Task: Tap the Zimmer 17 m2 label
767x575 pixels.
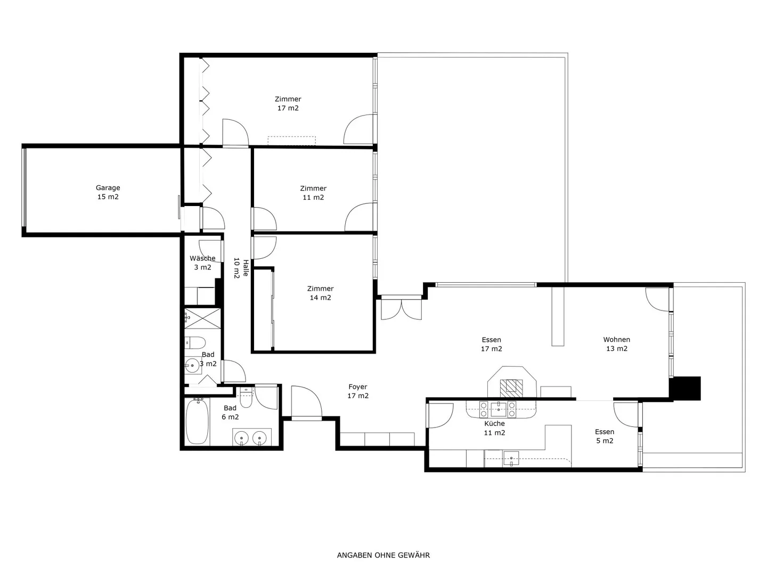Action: pyautogui.click(x=288, y=103)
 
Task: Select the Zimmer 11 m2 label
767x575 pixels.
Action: pyautogui.click(x=313, y=193)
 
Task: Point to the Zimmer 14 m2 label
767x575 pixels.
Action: pyautogui.click(x=320, y=293)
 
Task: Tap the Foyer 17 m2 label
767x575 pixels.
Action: pyautogui.click(x=358, y=391)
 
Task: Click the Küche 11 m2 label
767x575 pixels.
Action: pyautogui.click(x=494, y=428)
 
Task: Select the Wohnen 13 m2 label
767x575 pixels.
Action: pyautogui.click(x=617, y=344)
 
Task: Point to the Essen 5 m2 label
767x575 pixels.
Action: pyautogui.click(x=605, y=436)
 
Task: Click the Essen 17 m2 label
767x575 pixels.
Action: pyautogui.click(x=491, y=344)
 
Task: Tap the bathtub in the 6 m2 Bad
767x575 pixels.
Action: pyautogui.click(x=197, y=421)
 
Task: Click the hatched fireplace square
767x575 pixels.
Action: pyautogui.click(x=511, y=388)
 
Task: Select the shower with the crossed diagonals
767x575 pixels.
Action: pyautogui.click(x=203, y=318)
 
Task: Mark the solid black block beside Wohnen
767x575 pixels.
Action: pyautogui.click(x=685, y=388)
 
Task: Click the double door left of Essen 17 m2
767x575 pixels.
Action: pyautogui.click(x=401, y=307)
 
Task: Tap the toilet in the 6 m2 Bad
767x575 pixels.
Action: pyautogui.click(x=247, y=397)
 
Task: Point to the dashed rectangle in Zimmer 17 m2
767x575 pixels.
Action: pyautogui.click(x=292, y=141)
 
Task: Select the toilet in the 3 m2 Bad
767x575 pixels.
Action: pyautogui.click(x=194, y=343)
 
